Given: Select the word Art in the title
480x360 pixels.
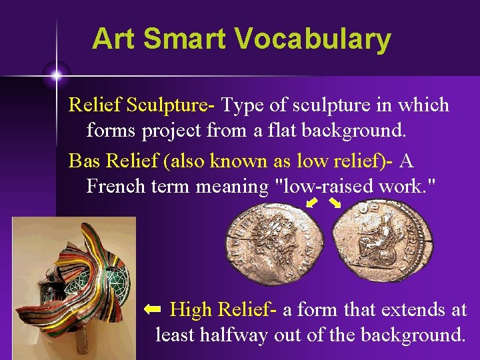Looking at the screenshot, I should point(114,39).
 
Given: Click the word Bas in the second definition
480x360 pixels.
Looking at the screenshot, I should point(84,161).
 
